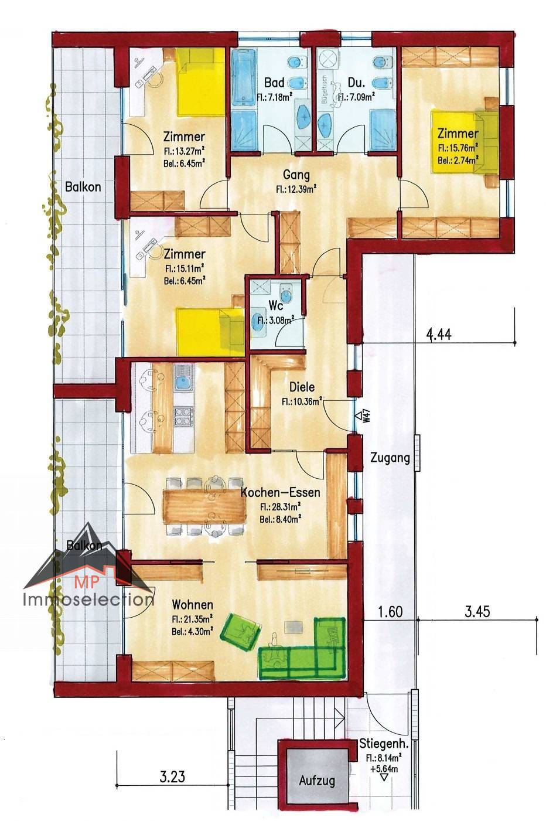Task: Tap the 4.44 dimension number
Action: [439, 335]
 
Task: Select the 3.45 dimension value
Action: [477, 612]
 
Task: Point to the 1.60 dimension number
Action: [390, 612]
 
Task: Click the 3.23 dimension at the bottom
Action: [172, 776]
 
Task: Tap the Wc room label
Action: [275, 305]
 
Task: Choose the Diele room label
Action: [302, 387]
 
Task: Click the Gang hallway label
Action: [296, 175]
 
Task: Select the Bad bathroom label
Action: [274, 83]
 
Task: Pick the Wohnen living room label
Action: [192, 604]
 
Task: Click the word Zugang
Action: [390, 458]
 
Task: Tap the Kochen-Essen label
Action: [281, 492]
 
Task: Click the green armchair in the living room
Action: [241, 632]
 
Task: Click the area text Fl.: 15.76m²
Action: [458, 148]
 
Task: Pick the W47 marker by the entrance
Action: [363, 416]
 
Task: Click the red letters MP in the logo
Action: [87, 582]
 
